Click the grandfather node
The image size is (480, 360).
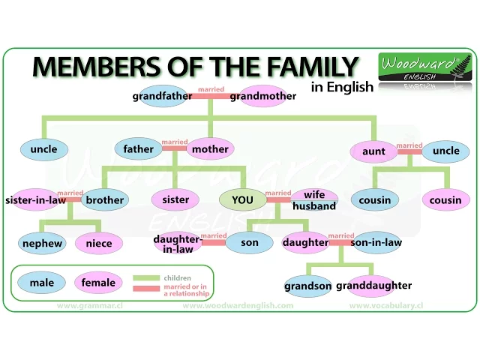[163, 96]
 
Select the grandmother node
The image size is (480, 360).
[263, 96]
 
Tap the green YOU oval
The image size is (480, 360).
[242, 199]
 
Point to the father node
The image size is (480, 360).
[139, 149]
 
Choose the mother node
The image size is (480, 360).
[210, 149]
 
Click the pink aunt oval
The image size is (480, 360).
[373, 151]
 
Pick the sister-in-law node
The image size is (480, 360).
[34, 200]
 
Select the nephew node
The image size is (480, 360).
[42, 243]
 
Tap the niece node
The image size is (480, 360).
[99, 243]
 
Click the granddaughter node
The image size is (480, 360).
[373, 286]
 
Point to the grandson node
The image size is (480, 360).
[308, 286]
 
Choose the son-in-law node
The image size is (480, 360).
[376, 242]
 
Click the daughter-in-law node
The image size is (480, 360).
[178, 243]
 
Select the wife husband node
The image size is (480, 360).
[314, 200]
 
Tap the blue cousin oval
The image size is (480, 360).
[375, 200]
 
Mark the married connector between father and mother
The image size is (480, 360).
[175, 147]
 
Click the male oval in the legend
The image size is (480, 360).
[42, 283]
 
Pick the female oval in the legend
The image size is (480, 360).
[99, 283]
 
